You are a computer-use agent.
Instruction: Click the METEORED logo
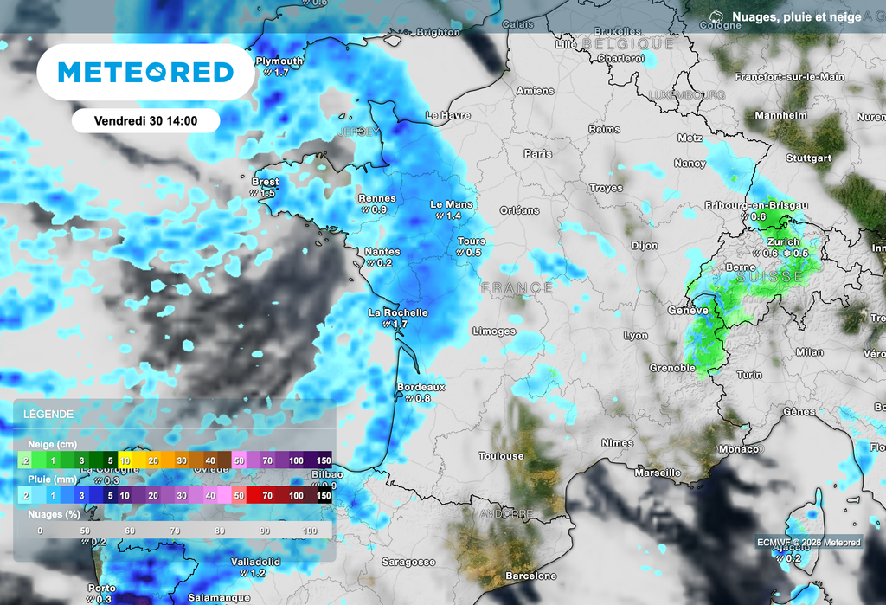145,72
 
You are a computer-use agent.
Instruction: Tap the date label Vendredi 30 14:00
145,120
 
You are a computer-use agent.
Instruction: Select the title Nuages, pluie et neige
796,16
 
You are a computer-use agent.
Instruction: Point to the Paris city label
537,153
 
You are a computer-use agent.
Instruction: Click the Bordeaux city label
421,387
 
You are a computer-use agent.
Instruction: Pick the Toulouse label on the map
501,455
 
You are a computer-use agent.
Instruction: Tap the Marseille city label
657,473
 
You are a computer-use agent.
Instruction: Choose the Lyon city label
636,335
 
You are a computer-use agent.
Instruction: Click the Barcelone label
530,576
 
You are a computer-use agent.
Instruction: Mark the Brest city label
265,182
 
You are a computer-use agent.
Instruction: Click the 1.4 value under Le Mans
453,216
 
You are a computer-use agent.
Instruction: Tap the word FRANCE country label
517,287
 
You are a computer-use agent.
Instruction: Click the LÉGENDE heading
48,415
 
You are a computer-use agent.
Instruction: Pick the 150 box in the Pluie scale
324,495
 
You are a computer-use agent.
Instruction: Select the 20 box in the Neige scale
153,460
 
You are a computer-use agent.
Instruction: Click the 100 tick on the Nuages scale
309,531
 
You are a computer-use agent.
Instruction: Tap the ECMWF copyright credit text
808,543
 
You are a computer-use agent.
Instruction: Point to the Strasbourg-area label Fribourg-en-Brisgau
757,204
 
